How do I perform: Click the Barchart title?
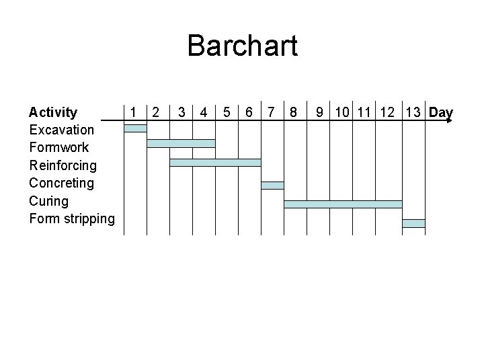[242, 46]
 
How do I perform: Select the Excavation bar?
[135, 128]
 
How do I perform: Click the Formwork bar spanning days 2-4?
[181, 143]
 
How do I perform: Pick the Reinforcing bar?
[215, 162]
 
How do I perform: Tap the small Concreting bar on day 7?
[272, 185]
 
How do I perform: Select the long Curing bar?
[343, 204]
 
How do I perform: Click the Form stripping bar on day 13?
[413, 223]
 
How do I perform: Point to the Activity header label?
[53, 112]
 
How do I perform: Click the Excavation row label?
[62, 129]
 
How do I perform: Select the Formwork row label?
[59, 147]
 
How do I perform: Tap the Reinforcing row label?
[63, 165]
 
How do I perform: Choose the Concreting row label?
[62, 183]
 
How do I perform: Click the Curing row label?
[49, 200]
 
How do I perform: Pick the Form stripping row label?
[72, 218]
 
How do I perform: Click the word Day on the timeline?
[440, 112]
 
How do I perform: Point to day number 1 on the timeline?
[134, 112]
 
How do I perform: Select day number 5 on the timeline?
[227, 112]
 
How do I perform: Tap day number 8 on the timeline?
[293, 112]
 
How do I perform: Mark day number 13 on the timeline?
[413, 112]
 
